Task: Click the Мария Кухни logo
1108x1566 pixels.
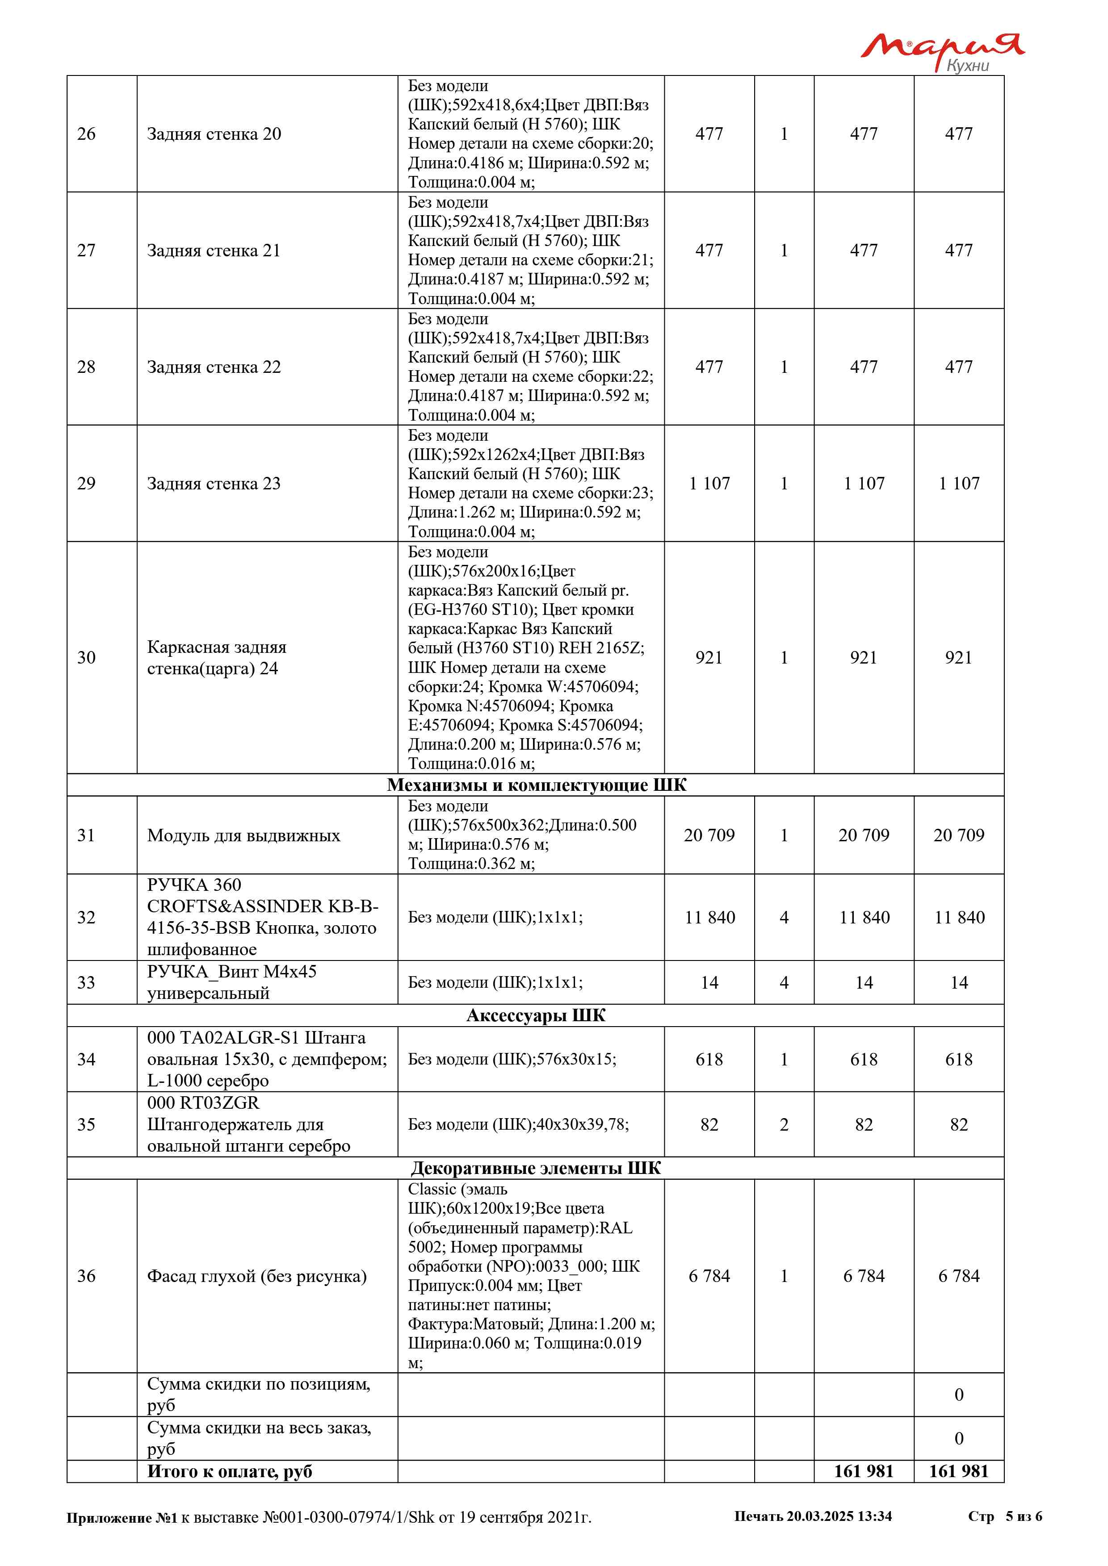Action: coord(941,51)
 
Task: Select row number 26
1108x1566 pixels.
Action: coord(87,134)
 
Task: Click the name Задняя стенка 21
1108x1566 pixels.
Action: coord(214,251)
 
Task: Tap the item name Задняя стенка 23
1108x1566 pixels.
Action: coord(214,484)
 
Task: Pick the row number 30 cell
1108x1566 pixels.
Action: coord(87,657)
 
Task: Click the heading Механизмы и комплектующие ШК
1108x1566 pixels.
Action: coord(536,785)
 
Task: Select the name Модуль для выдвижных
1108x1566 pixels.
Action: coord(243,835)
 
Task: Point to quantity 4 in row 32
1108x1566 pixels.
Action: coord(784,917)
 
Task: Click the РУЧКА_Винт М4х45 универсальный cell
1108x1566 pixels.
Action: coord(232,982)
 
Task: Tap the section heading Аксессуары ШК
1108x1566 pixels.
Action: coord(536,1015)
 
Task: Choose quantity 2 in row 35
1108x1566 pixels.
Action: coord(784,1125)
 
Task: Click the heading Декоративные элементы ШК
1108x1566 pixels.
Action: coord(536,1169)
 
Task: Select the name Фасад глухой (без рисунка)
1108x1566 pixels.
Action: coord(256,1276)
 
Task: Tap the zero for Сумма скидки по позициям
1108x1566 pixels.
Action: coord(959,1395)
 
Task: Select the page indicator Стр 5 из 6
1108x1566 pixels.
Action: coord(1005,1516)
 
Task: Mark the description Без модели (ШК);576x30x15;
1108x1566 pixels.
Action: coord(512,1059)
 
